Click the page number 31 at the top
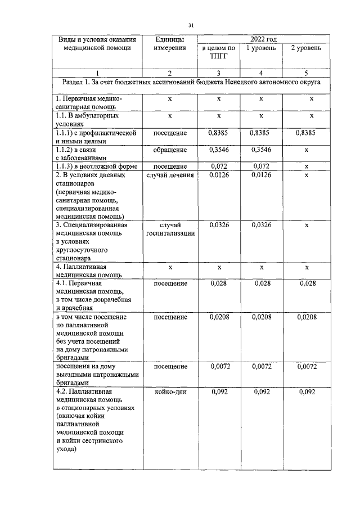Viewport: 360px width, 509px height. (x=191, y=26)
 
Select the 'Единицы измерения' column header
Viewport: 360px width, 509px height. (x=170, y=43)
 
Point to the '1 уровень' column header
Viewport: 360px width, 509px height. (x=261, y=48)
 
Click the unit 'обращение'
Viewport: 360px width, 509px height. (x=170, y=150)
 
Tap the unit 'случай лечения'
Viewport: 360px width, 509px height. (x=170, y=175)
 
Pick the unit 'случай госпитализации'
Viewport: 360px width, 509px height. (x=170, y=229)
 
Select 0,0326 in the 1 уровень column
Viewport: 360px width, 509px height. (x=261, y=225)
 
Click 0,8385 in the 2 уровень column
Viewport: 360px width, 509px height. (x=306, y=133)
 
